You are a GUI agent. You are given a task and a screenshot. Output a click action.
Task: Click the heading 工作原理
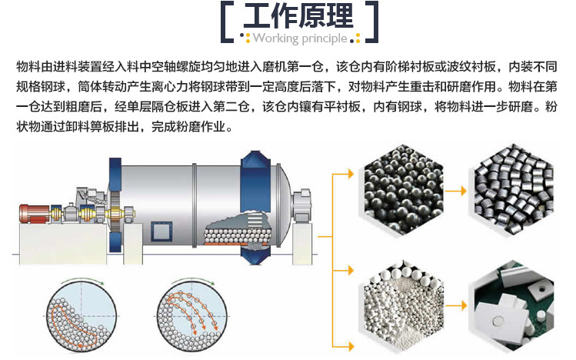tap(298, 16)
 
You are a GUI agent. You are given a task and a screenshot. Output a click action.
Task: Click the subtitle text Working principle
tap(300, 38)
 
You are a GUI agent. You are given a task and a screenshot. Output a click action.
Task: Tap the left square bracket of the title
tap(227, 22)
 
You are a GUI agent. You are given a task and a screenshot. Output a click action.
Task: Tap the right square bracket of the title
tap(371, 22)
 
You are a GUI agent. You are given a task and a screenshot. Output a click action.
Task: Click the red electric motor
tap(34, 214)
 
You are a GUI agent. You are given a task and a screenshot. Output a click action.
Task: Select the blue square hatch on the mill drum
tap(161, 231)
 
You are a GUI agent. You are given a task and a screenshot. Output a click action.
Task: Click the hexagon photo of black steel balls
tap(403, 189)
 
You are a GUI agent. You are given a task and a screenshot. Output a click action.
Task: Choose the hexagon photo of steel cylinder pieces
tap(514, 189)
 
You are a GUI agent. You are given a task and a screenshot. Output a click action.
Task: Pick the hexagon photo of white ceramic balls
tap(403, 305)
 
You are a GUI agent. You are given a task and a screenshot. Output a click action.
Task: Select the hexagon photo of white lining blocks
tap(514, 305)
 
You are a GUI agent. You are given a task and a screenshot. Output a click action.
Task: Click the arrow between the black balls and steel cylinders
tap(456, 191)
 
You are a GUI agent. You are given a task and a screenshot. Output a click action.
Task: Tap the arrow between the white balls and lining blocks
tap(456, 305)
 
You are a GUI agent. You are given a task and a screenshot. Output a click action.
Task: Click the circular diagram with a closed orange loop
tap(82, 317)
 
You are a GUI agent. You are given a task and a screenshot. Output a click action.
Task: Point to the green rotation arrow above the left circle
tap(83, 279)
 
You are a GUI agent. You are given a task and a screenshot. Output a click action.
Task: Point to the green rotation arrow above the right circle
tap(193, 279)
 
